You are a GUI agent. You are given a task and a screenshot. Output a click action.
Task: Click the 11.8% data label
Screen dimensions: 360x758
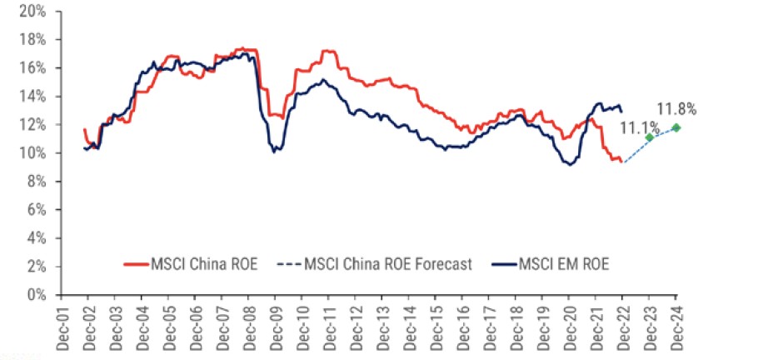click(676, 109)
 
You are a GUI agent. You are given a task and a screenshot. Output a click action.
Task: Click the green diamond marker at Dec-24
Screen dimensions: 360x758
click(676, 127)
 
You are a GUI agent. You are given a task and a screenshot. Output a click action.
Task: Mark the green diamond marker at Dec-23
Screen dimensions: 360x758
click(650, 137)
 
